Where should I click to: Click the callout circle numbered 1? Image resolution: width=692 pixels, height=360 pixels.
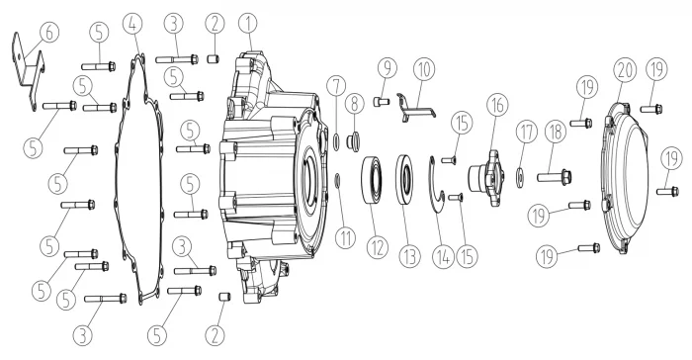point(248,23)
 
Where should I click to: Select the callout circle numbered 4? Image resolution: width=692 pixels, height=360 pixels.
point(132,24)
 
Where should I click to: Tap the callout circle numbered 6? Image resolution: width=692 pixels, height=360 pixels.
point(49,33)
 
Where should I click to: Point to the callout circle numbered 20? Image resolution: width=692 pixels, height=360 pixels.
point(626,70)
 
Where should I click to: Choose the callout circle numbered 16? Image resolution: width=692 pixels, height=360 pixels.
point(497,105)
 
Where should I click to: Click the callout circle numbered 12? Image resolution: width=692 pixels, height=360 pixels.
point(378,247)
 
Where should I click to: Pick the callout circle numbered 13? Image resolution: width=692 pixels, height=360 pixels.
point(410,256)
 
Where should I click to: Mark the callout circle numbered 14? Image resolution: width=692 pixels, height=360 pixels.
point(443,256)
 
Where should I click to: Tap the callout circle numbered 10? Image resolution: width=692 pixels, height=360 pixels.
point(424,69)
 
